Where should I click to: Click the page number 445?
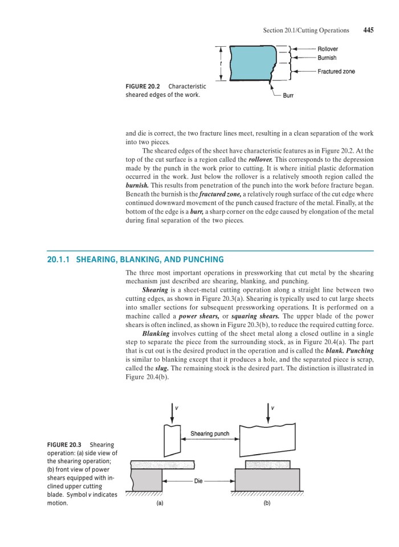(x=368, y=30)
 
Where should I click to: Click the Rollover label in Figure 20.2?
(x=328, y=50)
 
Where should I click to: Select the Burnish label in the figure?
(x=327, y=58)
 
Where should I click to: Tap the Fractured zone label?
(x=336, y=71)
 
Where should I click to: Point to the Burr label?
(x=288, y=96)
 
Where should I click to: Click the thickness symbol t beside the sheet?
(x=221, y=63)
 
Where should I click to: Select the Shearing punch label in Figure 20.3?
(x=210, y=434)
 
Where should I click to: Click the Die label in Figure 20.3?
(x=198, y=481)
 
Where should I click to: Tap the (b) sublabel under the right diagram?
(x=267, y=504)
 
